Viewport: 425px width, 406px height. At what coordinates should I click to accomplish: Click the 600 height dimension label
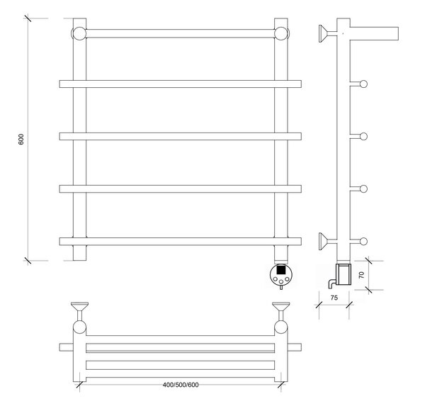[x=21, y=139]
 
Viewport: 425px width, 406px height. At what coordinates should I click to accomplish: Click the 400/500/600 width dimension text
[x=181, y=385]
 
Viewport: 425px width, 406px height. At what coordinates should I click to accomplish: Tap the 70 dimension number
[x=361, y=275]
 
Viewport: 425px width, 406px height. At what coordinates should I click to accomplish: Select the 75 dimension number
[x=334, y=298]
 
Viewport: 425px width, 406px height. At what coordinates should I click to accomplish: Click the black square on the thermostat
[x=280, y=270]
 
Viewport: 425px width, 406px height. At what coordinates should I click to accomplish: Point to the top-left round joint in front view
[x=79, y=33]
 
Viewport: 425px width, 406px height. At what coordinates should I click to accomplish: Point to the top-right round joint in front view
[x=281, y=33]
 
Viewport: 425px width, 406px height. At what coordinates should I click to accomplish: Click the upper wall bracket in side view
[x=327, y=33]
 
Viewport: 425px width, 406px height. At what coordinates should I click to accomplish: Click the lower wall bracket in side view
[x=327, y=241]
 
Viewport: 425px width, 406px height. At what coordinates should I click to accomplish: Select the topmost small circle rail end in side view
[x=364, y=84]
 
